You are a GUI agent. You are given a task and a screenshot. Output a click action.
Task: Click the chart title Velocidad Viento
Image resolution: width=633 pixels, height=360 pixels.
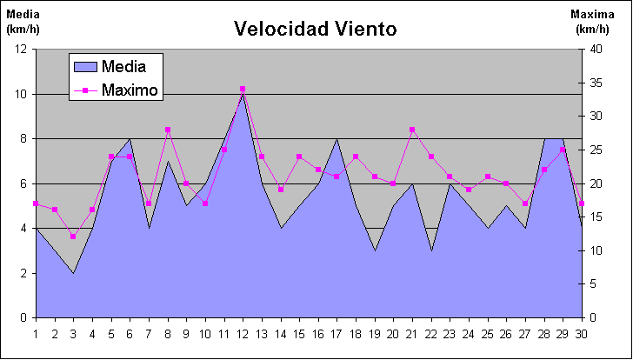315,29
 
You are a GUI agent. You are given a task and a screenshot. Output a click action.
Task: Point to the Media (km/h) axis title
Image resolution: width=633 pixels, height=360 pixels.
23,22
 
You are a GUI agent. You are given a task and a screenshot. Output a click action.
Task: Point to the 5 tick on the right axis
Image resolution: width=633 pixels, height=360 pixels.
591,284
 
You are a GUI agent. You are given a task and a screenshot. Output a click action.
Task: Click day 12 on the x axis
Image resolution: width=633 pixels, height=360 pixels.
242,334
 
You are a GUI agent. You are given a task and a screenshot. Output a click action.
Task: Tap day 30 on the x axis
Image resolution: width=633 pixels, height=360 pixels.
580,334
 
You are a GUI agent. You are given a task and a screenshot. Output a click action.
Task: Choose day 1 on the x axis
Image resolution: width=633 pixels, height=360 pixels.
36,334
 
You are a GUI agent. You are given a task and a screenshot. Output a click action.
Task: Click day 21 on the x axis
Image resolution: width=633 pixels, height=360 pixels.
411,334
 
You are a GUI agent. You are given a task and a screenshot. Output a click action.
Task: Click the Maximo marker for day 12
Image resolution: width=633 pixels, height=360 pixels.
242,89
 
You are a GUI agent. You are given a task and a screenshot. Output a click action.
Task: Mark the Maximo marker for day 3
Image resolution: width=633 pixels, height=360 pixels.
73,237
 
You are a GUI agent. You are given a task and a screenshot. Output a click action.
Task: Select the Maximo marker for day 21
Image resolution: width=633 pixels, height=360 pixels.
411,130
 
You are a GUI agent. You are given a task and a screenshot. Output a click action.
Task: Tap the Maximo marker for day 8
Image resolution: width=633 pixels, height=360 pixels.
167,130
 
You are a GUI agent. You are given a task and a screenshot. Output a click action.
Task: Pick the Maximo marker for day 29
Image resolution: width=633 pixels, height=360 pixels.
562,150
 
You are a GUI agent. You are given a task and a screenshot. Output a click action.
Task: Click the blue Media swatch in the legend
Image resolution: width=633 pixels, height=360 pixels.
84,66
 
